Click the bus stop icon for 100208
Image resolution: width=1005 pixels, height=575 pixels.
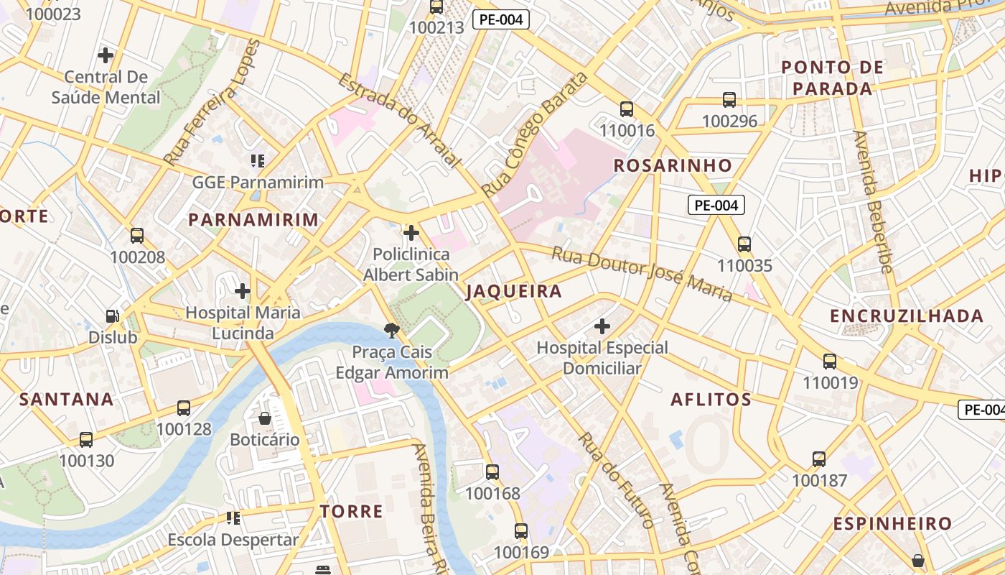137,236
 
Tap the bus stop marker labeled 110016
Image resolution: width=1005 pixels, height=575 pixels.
627,109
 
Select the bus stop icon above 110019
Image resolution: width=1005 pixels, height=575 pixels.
830,362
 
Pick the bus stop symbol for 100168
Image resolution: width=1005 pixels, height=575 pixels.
492,472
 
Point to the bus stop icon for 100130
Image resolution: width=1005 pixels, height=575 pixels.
86,440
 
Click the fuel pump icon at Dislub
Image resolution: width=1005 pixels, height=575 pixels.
113,316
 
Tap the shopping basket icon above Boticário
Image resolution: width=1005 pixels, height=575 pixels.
265,418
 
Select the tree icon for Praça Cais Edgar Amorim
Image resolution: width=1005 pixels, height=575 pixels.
392,331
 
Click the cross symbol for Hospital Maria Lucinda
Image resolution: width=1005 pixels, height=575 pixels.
243,291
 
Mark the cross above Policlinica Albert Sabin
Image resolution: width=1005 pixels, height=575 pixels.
411,233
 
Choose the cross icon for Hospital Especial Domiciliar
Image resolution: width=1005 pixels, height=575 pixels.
602,326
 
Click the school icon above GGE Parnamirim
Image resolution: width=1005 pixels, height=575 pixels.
257,160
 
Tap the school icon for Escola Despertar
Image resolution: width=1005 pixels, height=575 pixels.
233,517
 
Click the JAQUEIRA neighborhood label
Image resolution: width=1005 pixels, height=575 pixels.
513,292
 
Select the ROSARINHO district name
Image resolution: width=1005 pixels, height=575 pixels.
673,165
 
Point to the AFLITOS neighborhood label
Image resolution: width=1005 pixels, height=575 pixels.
711,400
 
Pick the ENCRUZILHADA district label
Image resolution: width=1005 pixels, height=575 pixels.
907,316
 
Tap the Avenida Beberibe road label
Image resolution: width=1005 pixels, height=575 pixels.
873,201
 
